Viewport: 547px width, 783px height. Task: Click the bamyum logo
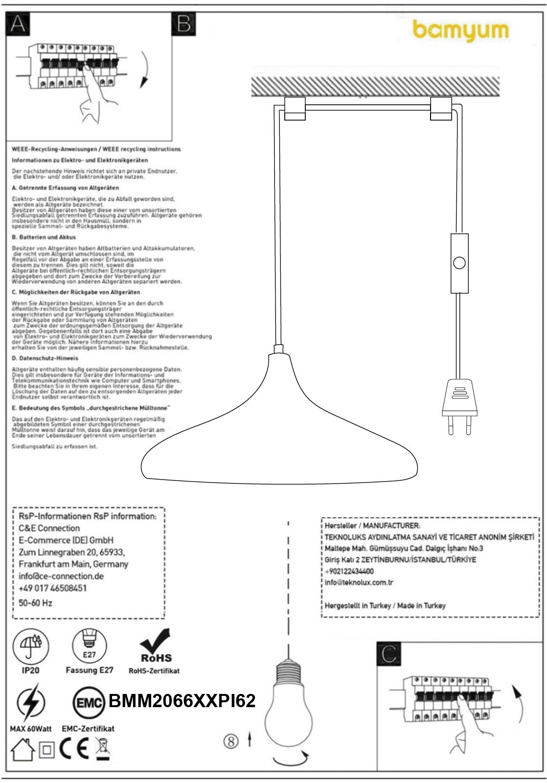coord(460,30)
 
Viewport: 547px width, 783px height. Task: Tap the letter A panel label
coord(18,23)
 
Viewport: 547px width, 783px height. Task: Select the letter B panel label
coord(184,23)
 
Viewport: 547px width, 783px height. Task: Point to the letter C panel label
coord(389,653)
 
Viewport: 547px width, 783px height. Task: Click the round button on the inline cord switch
coord(459,263)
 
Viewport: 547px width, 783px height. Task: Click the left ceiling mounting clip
coord(295,109)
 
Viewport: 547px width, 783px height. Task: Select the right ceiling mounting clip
coord(441,109)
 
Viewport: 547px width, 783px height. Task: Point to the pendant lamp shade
coord(279,431)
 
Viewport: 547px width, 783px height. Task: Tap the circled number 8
coord(231,741)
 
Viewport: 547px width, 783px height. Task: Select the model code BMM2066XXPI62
coord(182,701)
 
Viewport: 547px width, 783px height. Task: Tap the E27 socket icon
coord(89,646)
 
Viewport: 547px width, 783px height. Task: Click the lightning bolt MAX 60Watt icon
coord(30,702)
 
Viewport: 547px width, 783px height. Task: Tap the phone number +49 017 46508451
coord(52,588)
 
